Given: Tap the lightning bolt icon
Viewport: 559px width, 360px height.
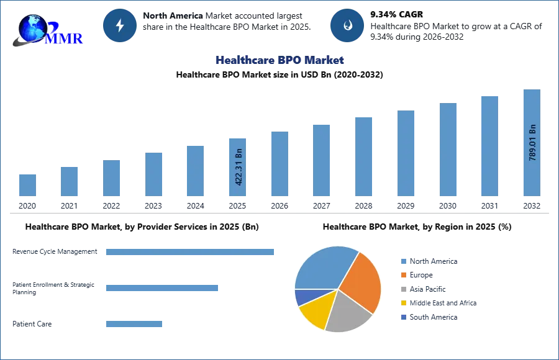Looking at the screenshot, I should click(x=120, y=25).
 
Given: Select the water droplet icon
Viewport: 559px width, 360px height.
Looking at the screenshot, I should click(x=347, y=25).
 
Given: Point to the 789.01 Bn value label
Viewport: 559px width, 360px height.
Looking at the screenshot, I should click(x=532, y=143).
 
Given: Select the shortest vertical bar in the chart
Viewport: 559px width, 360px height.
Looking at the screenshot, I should click(x=27, y=186).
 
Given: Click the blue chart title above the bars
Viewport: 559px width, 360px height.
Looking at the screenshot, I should click(x=280, y=60).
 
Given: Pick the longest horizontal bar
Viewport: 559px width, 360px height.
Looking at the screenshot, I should click(x=191, y=253).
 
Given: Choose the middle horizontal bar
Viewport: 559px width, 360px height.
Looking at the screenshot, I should click(x=161, y=288).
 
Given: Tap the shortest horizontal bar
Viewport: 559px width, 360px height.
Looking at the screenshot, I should click(x=134, y=323).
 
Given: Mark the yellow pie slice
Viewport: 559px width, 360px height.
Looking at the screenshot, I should click(x=314, y=312).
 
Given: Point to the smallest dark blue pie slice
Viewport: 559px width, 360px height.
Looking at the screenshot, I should click(x=301, y=297).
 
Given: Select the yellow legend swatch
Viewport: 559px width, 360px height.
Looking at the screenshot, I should click(x=403, y=303).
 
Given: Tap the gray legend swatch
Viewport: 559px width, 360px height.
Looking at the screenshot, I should click(x=403, y=289).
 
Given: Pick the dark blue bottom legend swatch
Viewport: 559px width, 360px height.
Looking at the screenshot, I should click(x=403, y=317).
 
